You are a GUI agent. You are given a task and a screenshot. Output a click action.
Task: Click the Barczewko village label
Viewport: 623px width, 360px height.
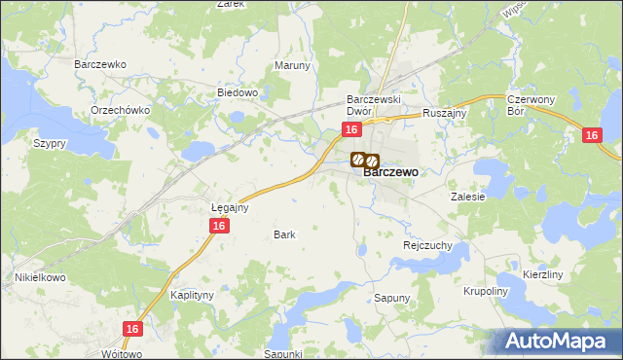101,64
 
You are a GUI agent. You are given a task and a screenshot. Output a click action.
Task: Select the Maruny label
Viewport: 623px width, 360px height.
292,66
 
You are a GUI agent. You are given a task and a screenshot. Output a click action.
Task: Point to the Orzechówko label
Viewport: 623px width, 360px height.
120,110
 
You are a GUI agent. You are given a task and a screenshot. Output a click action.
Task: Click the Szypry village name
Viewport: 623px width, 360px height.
49,143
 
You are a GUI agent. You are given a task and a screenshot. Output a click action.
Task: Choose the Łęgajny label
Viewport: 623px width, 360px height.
232,207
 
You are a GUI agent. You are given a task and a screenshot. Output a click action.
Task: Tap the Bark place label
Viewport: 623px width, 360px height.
284,234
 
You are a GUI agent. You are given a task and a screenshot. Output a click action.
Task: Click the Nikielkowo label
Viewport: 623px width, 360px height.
39,277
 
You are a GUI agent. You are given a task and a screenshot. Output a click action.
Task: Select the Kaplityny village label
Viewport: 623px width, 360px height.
192,294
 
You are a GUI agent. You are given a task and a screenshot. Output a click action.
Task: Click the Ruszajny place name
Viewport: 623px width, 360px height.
446,113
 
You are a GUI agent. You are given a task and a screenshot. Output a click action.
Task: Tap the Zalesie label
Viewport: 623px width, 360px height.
467,196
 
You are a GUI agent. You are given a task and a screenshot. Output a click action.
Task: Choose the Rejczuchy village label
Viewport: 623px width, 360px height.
427,246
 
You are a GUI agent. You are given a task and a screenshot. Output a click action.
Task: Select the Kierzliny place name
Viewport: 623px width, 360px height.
543,275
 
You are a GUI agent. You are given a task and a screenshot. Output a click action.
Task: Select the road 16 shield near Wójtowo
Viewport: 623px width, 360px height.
134,330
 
